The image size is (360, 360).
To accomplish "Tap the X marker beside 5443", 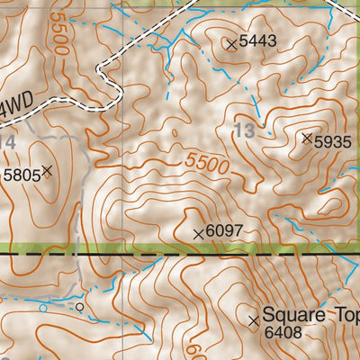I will tap(231, 42).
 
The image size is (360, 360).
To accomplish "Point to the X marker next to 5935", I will tap(307, 138).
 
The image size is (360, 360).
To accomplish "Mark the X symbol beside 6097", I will tap(199, 233).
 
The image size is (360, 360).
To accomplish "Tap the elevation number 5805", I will tap(22, 175).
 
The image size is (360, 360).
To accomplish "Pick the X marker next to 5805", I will tap(47, 170).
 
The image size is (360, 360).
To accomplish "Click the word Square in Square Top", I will tap(296, 317).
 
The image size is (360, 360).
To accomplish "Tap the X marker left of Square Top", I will tap(253, 319).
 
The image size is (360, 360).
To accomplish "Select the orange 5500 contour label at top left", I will tap(60, 33).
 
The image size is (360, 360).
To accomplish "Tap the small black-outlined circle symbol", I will tap(79, 307).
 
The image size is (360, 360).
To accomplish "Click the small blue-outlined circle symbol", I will tap(42, 308).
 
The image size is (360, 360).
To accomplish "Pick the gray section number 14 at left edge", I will tap(6, 142).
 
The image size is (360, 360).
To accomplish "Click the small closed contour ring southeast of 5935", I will tap(332, 205).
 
